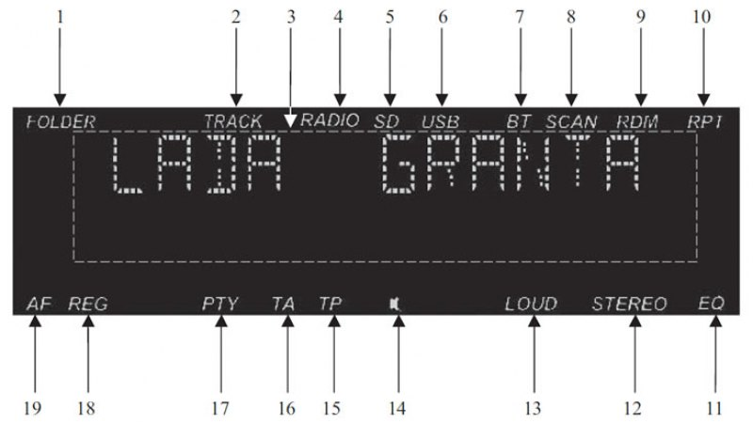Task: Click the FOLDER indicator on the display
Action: pos(61,122)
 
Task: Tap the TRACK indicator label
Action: pos(233,121)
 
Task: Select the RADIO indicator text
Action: pos(330,120)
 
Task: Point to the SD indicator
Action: pos(387,121)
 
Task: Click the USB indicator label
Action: pos(441,122)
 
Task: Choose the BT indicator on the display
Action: pos(519,121)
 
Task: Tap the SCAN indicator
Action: pos(571,121)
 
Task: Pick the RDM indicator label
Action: pos(637,122)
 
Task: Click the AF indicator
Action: pos(39,304)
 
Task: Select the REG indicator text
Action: pos(88,304)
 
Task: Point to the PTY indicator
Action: pos(220,304)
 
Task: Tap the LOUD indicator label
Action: pos(531,304)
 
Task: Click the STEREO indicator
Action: pos(630,304)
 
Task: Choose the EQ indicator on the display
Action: pos(712,303)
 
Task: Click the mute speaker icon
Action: pos(395,304)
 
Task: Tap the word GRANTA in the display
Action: pos(511,164)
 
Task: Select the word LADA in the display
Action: pos(197,164)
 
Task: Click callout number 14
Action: pos(397,409)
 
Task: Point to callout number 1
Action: pos(60,17)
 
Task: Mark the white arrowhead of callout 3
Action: pos(290,121)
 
